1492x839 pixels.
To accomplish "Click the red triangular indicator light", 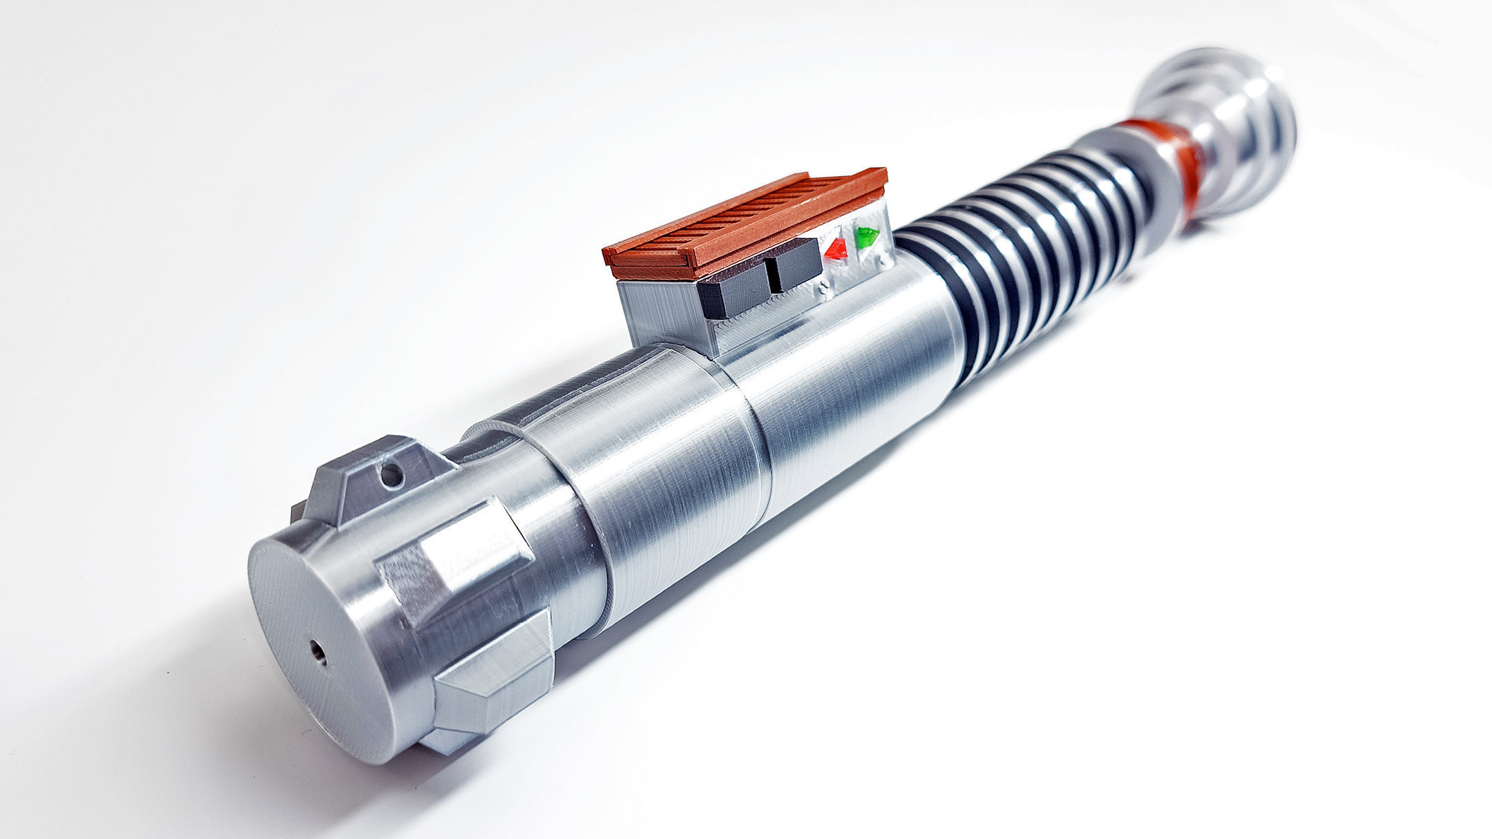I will (x=836, y=249).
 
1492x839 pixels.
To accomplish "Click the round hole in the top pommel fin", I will (x=391, y=473).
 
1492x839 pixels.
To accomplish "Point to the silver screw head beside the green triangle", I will (x=883, y=260).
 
